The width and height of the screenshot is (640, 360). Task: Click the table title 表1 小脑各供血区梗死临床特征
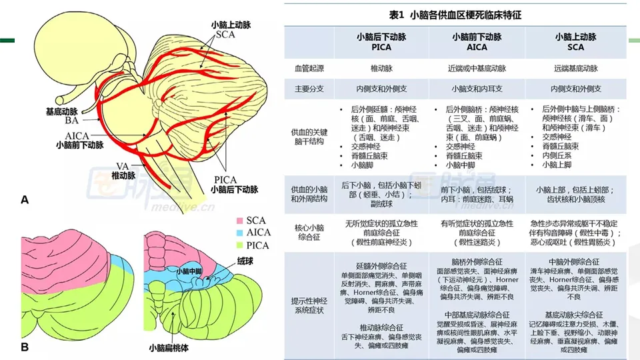455,13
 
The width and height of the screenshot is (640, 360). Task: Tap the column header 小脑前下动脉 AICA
477,42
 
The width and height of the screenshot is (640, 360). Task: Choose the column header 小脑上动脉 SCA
575,42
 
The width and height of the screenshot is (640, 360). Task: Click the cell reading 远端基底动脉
575,69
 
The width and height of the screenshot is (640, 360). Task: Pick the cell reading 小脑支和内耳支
477,89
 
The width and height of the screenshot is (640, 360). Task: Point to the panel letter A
25,199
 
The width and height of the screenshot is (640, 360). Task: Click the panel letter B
25,347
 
